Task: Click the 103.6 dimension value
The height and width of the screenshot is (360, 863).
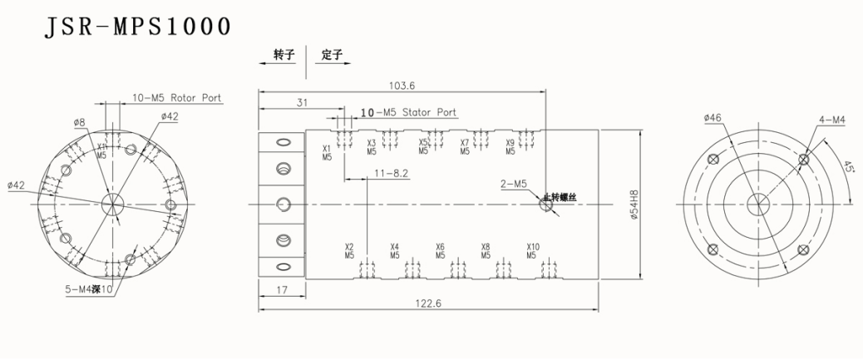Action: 402,85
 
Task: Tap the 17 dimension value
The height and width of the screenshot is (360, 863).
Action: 283,290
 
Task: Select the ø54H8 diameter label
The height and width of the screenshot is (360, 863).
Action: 634,204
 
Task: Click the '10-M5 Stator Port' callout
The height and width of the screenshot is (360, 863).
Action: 408,112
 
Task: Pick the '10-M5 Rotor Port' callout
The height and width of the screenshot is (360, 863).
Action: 177,98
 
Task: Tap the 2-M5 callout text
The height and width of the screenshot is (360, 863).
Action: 514,183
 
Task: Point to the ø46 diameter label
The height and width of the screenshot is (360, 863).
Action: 713,118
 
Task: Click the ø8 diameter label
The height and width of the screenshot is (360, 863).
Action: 80,122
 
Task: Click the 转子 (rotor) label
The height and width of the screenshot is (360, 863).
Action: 284,56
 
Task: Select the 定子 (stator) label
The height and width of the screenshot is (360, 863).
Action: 332,56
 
